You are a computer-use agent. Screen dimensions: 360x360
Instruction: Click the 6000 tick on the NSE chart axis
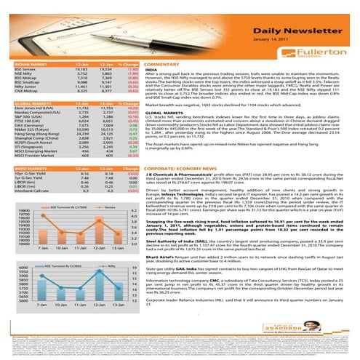point(20,268)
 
